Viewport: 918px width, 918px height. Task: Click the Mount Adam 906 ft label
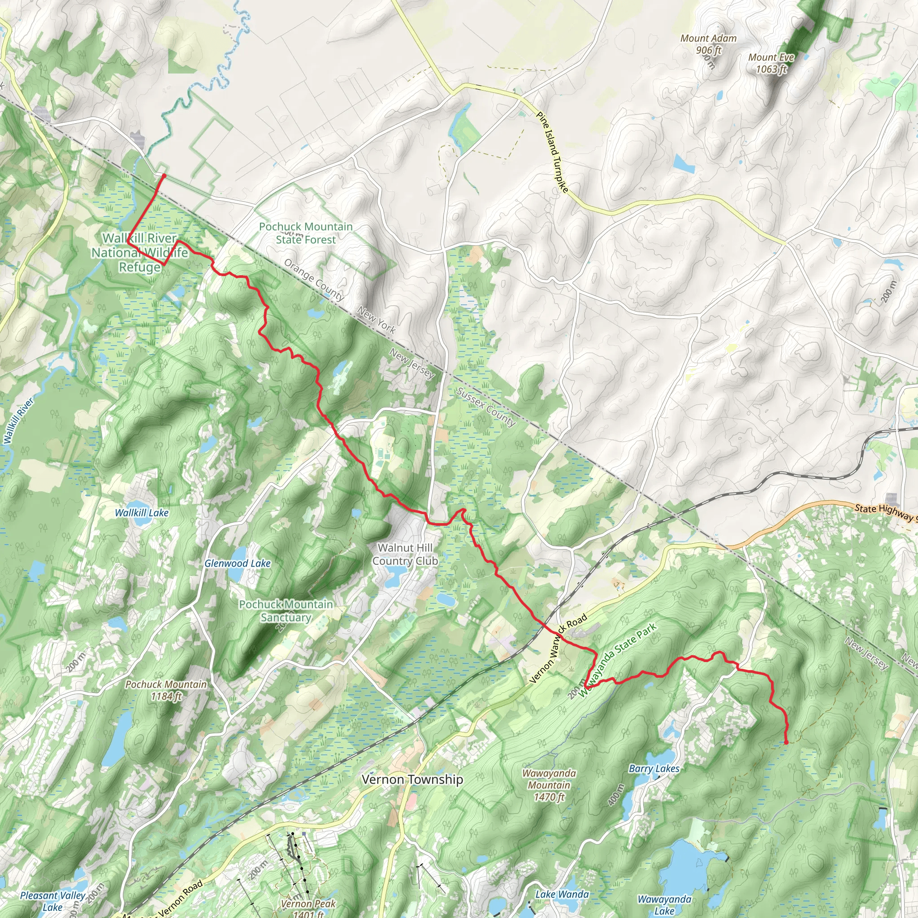pyautogui.click(x=708, y=44)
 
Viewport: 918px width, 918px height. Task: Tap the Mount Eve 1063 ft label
pyautogui.click(x=771, y=63)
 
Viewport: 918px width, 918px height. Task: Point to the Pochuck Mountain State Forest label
pyautogui.click(x=306, y=233)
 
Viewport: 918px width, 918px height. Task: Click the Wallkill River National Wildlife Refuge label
pyautogui.click(x=140, y=252)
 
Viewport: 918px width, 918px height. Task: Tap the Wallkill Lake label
pyautogui.click(x=142, y=513)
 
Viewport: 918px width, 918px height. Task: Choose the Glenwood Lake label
pyautogui.click(x=238, y=563)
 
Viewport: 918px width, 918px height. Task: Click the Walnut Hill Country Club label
pyautogui.click(x=405, y=554)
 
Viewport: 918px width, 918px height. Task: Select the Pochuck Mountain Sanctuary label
pyautogui.click(x=286, y=611)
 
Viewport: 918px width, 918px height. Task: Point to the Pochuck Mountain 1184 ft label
pyautogui.click(x=166, y=690)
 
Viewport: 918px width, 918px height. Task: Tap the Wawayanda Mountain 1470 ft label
pyautogui.click(x=549, y=785)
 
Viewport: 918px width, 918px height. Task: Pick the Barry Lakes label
pyautogui.click(x=654, y=769)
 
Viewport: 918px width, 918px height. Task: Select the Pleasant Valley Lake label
pyautogui.click(x=52, y=901)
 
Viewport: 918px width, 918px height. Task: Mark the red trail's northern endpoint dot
pyautogui.click(x=164, y=176)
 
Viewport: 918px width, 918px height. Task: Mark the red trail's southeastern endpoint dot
pyautogui.click(x=786, y=742)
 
